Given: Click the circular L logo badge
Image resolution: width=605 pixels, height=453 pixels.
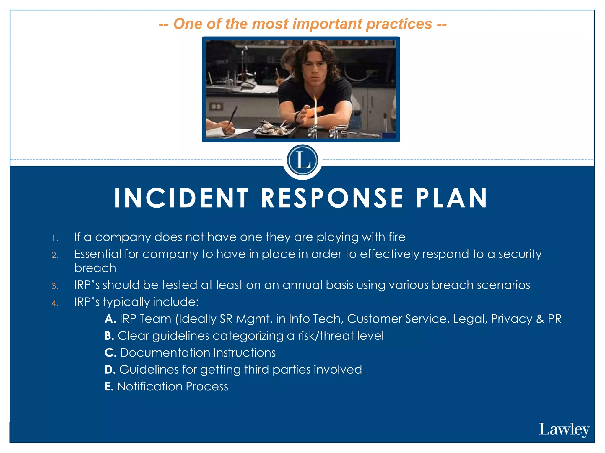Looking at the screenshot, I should [x=302, y=160].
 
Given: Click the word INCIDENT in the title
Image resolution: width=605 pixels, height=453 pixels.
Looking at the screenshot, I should [x=181, y=198].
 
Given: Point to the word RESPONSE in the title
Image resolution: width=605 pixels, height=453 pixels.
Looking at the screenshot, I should [x=332, y=198].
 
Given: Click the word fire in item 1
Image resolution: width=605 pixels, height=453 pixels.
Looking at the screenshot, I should [x=395, y=237].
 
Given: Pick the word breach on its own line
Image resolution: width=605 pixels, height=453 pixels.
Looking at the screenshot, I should [x=95, y=268].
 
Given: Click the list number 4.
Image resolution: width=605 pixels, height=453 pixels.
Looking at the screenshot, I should [x=55, y=303].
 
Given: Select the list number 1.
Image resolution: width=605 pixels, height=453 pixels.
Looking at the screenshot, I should [x=55, y=238].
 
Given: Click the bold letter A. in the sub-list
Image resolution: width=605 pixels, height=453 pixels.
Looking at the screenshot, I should [x=110, y=319].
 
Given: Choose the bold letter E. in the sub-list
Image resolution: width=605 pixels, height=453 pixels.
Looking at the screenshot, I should [x=109, y=387].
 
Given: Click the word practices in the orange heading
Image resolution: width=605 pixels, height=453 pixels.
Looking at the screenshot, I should [x=399, y=24].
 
